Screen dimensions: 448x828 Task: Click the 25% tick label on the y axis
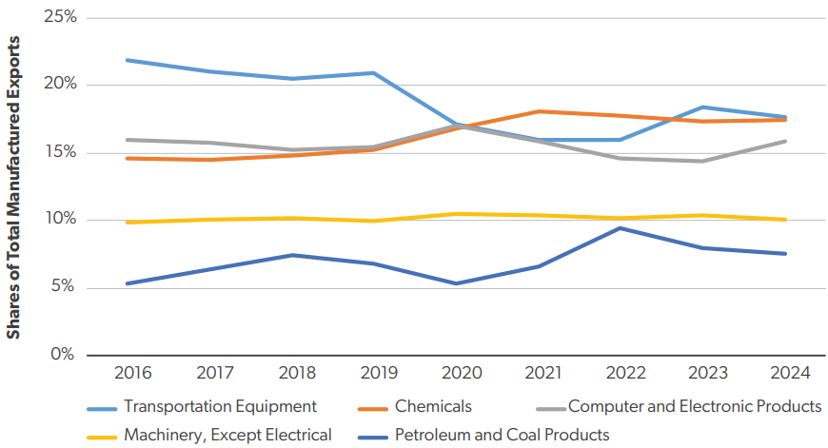click(x=58, y=18)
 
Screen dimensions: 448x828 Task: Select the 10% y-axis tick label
click(x=58, y=220)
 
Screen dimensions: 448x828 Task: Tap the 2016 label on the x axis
click(x=128, y=373)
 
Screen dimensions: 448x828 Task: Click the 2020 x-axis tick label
click(x=457, y=373)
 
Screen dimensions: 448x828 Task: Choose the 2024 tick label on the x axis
click(x=785, y=373)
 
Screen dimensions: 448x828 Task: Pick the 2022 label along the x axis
click(x=621, y=373)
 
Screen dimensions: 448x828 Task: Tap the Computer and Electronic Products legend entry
click(x=694, y=406)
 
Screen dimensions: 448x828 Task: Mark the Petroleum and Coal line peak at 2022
click(x=621, y=228)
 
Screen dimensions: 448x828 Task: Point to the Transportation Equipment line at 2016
click(x=128, y=60)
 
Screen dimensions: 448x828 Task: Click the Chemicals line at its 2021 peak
click(x=539, y=111)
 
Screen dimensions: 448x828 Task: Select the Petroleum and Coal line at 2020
click(x=457, y=283)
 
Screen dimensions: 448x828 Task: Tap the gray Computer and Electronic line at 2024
click(x=785, y=142)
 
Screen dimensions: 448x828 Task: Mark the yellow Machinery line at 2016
click(x=128, y=222)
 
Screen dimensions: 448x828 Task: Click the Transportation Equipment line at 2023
click(x=703, y=107)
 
